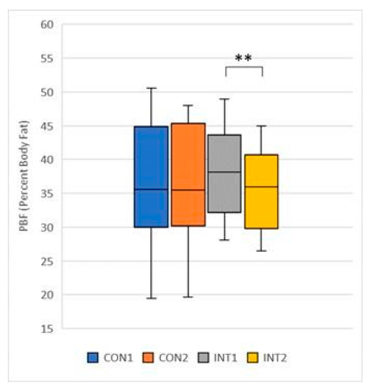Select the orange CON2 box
click(188, 174)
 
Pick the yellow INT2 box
click(261, 191)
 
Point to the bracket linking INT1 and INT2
click(244, 67)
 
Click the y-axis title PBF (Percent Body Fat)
click(24, 176)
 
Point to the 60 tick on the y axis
click(47, 25)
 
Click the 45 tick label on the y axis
click(47, 126)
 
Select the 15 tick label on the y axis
click(47, 329)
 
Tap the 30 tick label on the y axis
click(47, 227)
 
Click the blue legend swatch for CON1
click(93, 358)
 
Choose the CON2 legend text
click(173, 358)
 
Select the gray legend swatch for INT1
click(203, 358)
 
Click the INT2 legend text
click(274, 358)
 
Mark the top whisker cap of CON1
click(151, 88)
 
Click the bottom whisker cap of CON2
click(188, 297)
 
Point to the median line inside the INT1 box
click(225, 172)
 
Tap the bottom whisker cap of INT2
click(261, 251)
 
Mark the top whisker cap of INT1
click(224, 99)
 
